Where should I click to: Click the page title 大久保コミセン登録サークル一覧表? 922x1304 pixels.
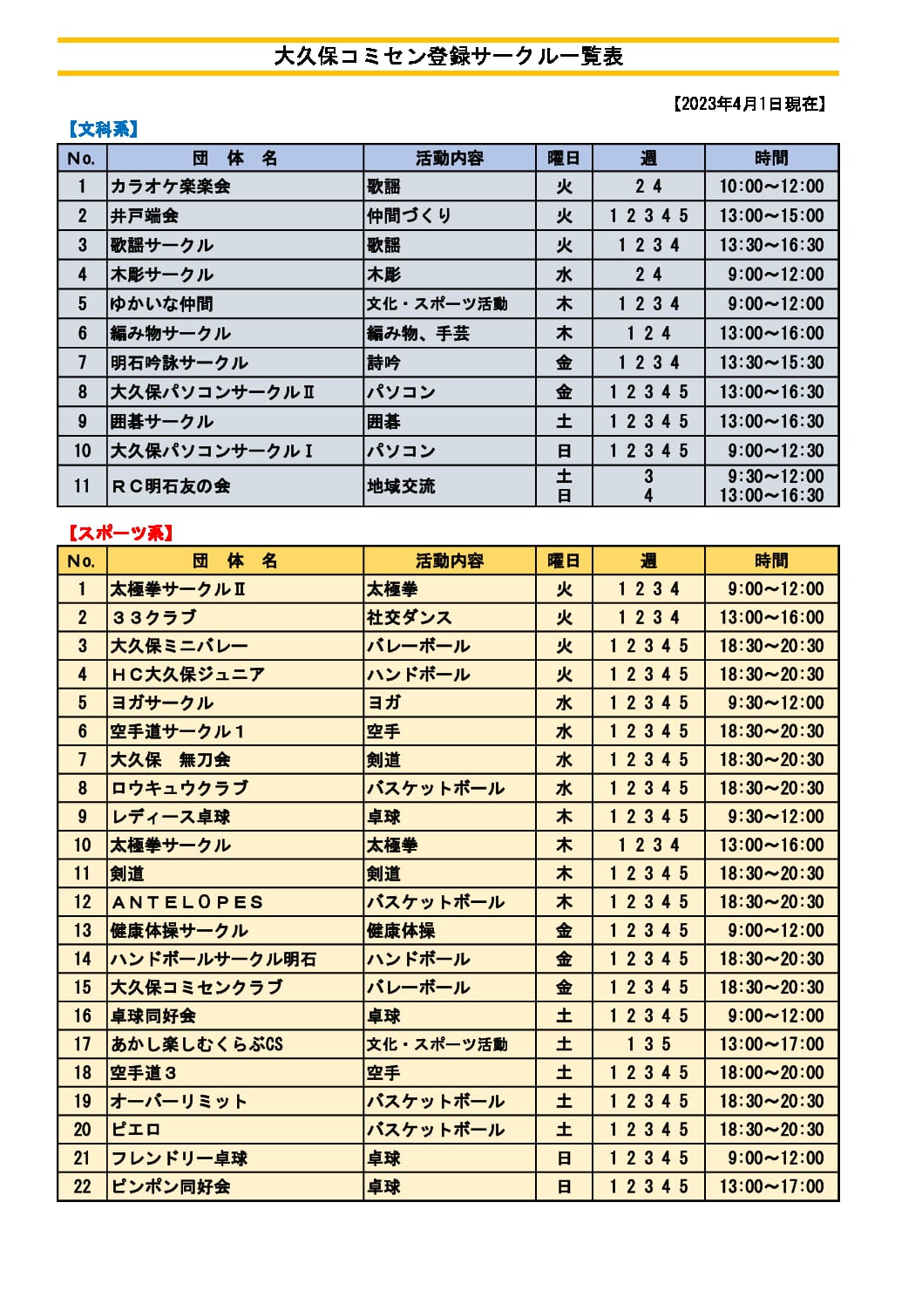(x=448, y=57)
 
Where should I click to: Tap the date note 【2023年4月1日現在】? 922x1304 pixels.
(x=749, y=104)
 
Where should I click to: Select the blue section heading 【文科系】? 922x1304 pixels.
(x=103, y=129)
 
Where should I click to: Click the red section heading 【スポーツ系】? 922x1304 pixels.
(x=120, y=533)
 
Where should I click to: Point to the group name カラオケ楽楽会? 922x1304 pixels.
(x=170, y=187)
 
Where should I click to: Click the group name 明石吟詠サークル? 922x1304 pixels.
(x=179, y=363)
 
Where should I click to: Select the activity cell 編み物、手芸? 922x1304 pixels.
(x=418, y=333)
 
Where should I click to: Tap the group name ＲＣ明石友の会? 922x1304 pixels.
(x=170, y=486)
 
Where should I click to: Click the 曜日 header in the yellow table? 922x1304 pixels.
(x=564, y=560)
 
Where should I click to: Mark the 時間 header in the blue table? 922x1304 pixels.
(x=771, y=158)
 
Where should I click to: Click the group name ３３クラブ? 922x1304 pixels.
(x=153, y=617)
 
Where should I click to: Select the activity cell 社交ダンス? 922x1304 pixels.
(x=410, y=617)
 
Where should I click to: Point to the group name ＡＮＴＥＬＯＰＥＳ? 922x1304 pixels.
(x=186, y=902)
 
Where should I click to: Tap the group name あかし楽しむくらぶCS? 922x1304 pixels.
(x=196, y=1044)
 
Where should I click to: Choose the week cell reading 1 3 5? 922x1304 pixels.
(x=648, y=1044)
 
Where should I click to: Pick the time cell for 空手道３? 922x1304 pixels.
(x=771, y=1073)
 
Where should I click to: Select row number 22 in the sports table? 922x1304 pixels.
(x=82, y=1186)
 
